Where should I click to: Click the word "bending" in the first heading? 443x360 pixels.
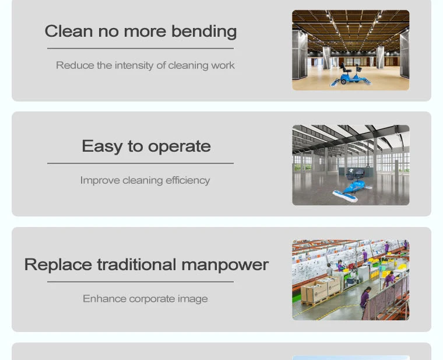[x=204, y=32]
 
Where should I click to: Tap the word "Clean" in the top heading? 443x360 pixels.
[x=69, y=31]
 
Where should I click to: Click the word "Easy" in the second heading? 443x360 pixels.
[x=102, y=147]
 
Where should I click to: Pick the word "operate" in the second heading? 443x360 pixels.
[x=180, y=147]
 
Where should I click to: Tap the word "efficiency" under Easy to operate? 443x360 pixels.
[x=188, y=180]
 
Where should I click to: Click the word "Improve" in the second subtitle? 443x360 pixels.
[x=100, y=180]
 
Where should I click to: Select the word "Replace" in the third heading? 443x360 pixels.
[x=58, y=265]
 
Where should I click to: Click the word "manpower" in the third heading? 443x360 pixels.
[x=225, y=265]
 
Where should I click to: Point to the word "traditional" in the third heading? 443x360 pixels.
[x=136, y=264]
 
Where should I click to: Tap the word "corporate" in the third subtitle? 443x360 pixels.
[x=152, y=299]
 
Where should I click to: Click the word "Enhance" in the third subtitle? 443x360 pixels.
[x=104, y=299]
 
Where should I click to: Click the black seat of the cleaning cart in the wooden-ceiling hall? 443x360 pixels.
[x=346, y=69]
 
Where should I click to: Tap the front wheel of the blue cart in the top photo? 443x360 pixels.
[x=343, y=82]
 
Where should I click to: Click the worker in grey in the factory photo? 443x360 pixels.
[x=330, y=270]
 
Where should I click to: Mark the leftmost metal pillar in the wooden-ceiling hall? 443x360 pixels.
[x=300, y=55]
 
